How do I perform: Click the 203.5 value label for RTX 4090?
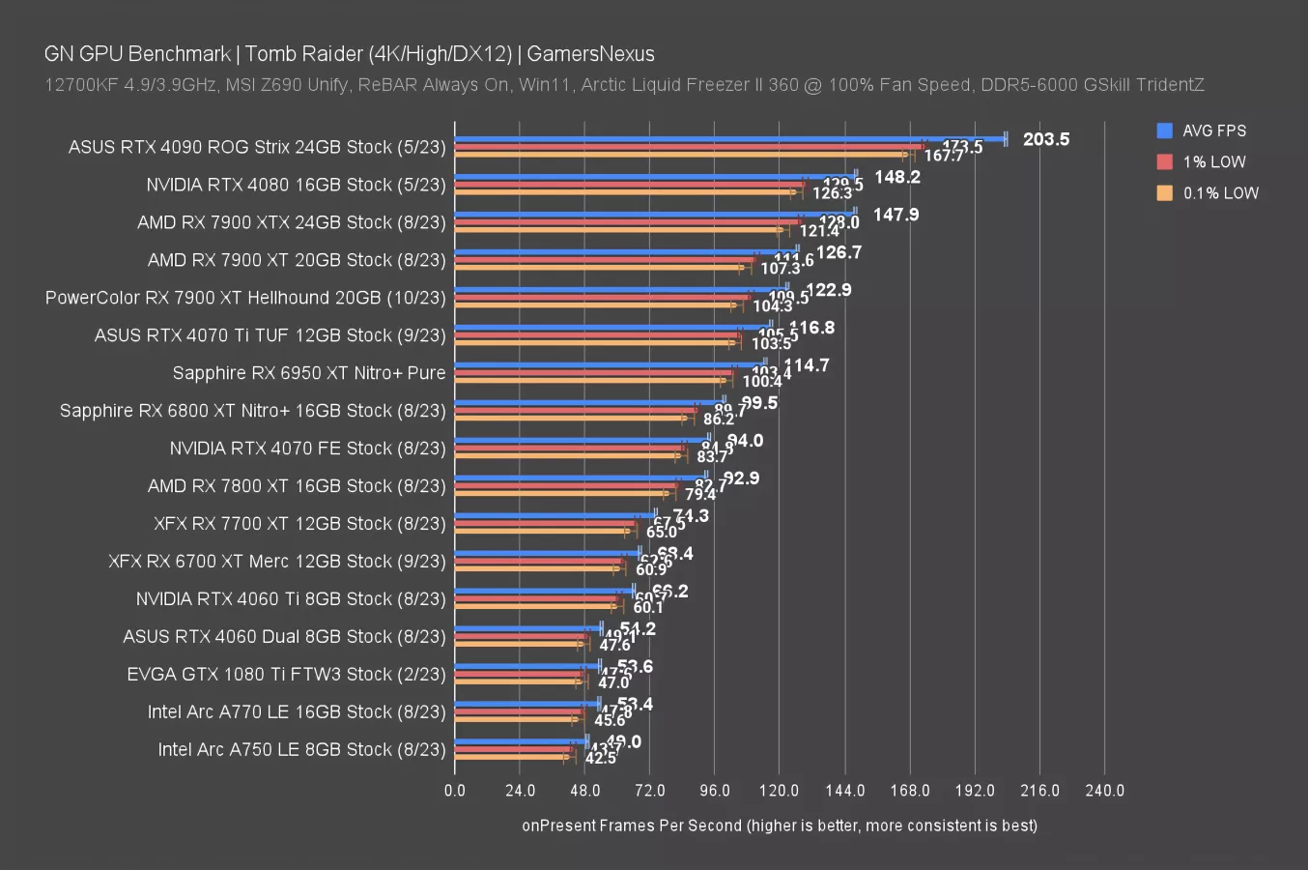(x=1045, y=139)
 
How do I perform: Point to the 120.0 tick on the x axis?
(x=779, y=791)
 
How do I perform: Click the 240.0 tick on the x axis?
(x=1104, y=791)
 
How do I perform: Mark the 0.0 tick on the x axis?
(x=455, y=791)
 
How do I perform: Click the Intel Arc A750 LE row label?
(x=302, y=750)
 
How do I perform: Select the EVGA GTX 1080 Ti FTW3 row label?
(x=287, y=675)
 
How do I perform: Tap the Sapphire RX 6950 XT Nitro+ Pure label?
(x=309, y=373)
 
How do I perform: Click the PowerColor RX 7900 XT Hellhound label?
(x=245, y=298)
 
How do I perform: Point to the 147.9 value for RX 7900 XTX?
(x=896, y=215)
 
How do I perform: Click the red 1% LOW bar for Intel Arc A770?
(x=518, y=711)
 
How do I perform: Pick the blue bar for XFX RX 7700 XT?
(x=554, y=515)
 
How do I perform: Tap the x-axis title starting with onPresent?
(x=779, y=826)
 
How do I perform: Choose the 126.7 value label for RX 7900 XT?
(x=839, y=252)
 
